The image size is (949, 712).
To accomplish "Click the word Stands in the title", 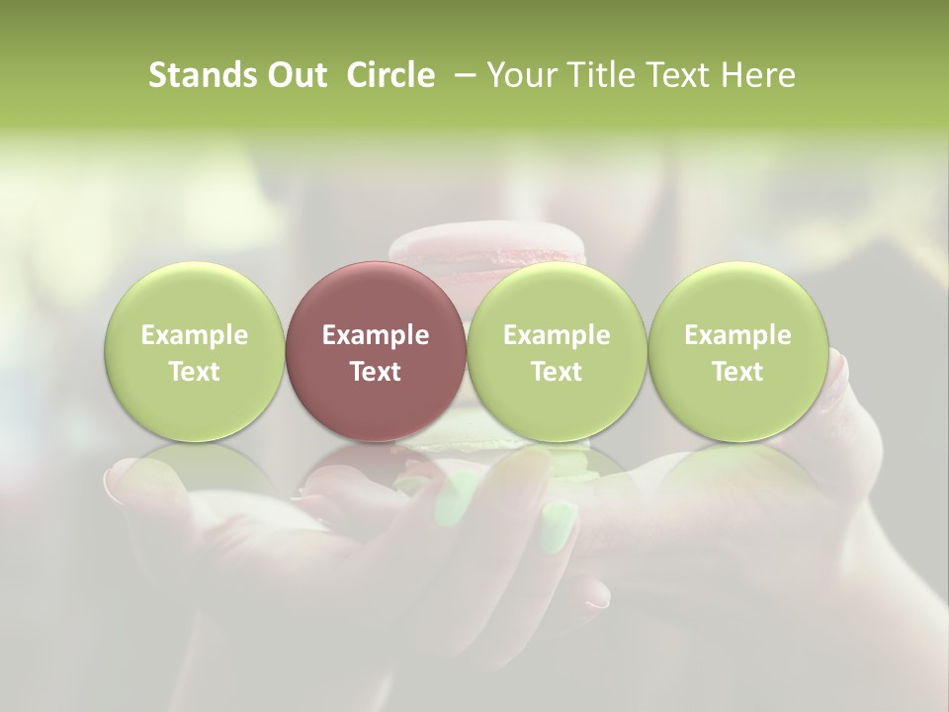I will pos(200,75).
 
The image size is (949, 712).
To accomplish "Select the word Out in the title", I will pos(295,75).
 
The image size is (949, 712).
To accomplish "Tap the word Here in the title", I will pos(758,75).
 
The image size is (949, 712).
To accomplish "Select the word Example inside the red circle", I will pos(376,335).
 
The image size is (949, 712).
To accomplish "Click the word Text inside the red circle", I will pos(376,372).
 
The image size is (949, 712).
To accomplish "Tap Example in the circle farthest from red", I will pos(737,335).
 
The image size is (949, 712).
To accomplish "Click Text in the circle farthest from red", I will pos(737,372).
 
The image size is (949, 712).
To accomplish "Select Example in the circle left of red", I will pos(194,335).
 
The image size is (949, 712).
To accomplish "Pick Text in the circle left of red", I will pos(194,372).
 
